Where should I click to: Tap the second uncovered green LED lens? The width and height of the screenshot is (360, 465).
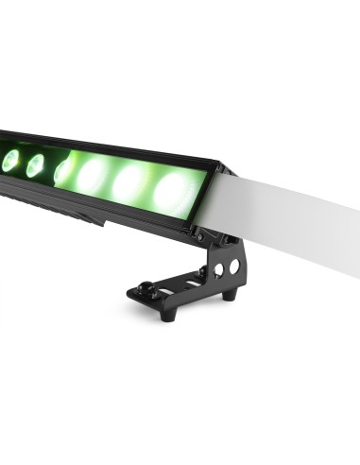click(35, 165)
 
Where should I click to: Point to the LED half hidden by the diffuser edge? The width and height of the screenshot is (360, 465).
click(62, 171)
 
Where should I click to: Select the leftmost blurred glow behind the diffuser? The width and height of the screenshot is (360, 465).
click(94, 174)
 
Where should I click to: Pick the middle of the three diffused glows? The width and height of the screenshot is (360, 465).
click(130, 182)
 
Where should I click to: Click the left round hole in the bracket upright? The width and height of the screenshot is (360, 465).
click(218, 269)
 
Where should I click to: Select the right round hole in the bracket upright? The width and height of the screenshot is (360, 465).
click(233, 267)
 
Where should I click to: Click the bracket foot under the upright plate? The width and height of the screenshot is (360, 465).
click(228, 296)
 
